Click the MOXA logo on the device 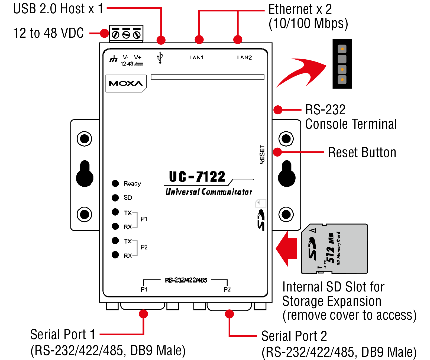pyautogui.click(x=126, y=83)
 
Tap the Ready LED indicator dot pyautogui.click(x=115, y=183)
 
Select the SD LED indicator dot pyautogui.click(x=115, y=198)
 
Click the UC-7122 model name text pyautogui.click(x=197, y=177)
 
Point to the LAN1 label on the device pyautogui.click(x=196, y=57)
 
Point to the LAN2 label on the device pyautogui.click(x=244, y=57)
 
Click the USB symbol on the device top pyautogui.click(x=160, y=57)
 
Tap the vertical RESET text pyautogui.click(x=262, y=154)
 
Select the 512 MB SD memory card pyautogui.click(x=335, y=249)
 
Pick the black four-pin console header pyautogui.click(x=342, y=64)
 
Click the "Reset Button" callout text pyautogui.click(x=362, y=153)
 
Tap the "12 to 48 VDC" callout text pyautogui.click(x=49, y=33)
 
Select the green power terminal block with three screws pyautogui.click(x=126, y=34)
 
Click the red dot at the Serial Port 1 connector pyautogui.click(x=143, y=314)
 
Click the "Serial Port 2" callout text pyautogui.click(x=294, y=336)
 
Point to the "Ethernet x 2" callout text pyautogui.click(x=300, y=9)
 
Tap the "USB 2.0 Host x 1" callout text pyautogui.click(x=58, y=9)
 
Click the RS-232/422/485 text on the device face pyautogui.click(x=186, y=280)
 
